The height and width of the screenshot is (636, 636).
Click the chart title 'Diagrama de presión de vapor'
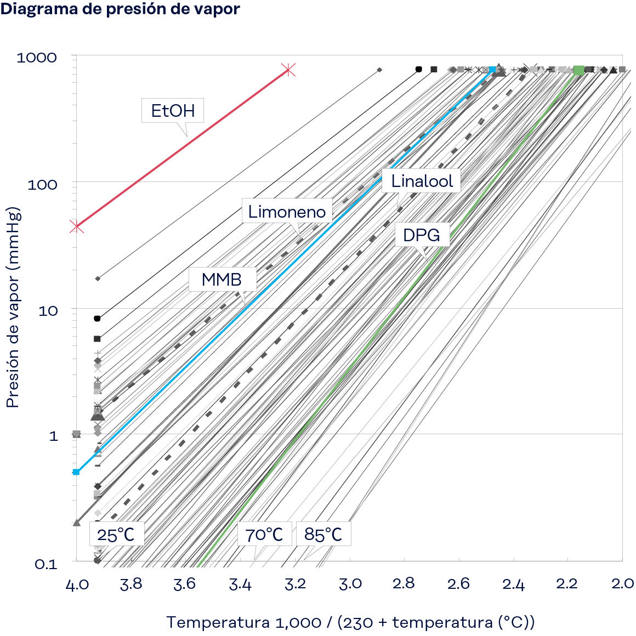(x=120, y=9)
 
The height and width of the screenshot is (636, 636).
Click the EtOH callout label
(x=173, y=111)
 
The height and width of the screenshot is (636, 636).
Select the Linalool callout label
(x=422, y=181)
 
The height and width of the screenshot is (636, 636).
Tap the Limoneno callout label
(x=287, y=212)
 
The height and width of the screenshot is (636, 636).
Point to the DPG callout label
(x=421, y=235)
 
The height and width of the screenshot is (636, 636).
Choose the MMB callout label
(x=222, y=280)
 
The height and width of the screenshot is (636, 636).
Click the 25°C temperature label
(x=116, y=534)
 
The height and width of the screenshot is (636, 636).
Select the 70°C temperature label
(x=264, y=534)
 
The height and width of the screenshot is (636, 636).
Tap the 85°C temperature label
(x=323, y=534)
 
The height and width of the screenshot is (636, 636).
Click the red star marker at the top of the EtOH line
(x=289, y=70)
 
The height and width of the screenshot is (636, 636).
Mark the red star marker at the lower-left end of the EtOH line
(x=77, y=226)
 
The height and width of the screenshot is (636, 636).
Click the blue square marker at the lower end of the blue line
(x=76, y=472)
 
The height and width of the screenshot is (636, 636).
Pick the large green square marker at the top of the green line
(x=578, y=70)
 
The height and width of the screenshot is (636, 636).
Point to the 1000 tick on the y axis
(x=37, y=58)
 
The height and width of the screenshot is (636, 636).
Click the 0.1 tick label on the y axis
(x=46, y=564)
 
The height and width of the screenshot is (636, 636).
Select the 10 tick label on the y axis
(x=48, y=311)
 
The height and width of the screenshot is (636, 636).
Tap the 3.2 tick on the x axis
(x=295, y=584)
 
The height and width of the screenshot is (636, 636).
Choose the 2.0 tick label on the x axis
(x=622, y=584)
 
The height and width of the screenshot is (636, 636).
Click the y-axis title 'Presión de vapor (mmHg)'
(x=13, y=307)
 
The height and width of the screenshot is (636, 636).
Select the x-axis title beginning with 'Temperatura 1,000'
(x=350, y=622)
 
